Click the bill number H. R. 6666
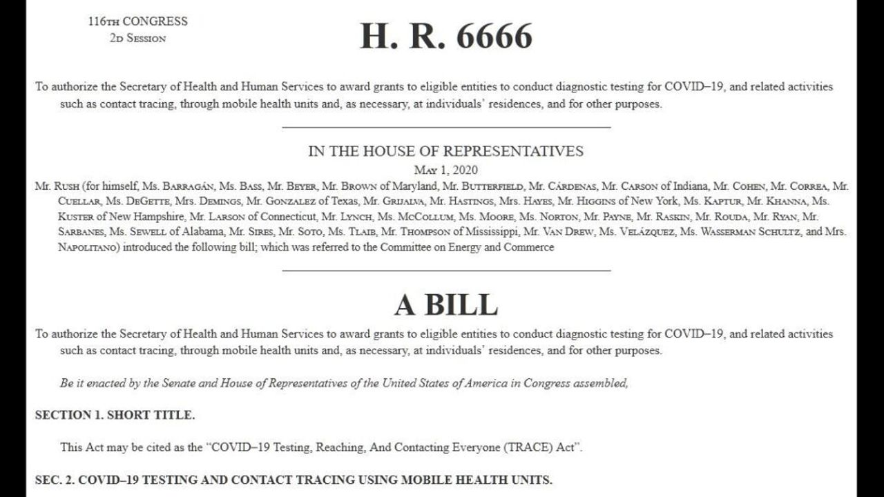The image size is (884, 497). pos(446,36)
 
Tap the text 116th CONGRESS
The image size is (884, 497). pos(137,21)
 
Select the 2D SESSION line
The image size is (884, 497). pos(137,38)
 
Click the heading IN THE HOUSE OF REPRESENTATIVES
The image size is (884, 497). pos(445,151)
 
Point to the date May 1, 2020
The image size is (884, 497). pos(445,170)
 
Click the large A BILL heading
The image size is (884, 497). pos(445,304)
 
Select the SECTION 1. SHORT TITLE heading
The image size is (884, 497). pos(115,415)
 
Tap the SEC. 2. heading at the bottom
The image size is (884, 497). pos(294,480)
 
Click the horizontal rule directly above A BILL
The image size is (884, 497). pos(446,271)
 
